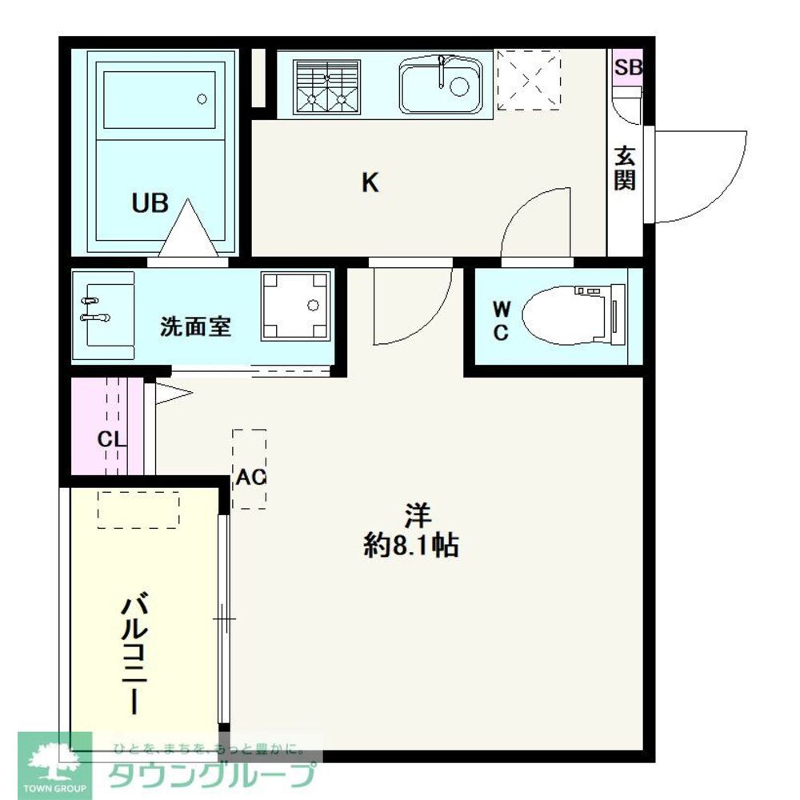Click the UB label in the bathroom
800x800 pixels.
click(150, 203)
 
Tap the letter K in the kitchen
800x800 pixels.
click(370, 182)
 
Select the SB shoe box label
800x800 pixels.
click(627, 67)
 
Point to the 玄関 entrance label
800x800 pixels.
click(625, 168)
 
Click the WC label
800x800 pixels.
click(501, 321)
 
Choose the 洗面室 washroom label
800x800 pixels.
click(195, 326)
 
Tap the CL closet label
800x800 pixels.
click(111, 438)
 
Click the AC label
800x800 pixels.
click(250, 477)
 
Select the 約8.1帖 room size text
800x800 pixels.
click(411, 546)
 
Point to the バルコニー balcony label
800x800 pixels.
click(134, 653)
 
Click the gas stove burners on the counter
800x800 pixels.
click(326, 87)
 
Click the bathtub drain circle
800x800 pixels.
click(202, 99)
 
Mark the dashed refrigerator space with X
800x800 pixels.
click(529, 79)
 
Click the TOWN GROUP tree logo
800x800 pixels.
click(55, 761)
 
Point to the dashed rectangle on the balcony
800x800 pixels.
click(138, 510)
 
